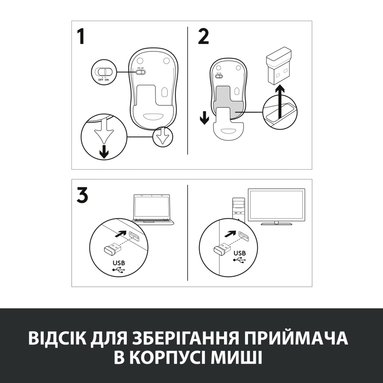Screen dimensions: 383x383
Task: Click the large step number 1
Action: point(81,37)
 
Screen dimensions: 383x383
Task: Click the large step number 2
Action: point(203,37)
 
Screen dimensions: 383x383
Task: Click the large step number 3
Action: point(82,196)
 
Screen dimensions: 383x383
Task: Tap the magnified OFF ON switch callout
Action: point(103,73)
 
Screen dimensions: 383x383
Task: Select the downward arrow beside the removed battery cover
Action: point(204,118)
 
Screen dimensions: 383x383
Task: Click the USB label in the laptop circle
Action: point(117,263)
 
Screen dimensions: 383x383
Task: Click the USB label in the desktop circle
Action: point(240,253)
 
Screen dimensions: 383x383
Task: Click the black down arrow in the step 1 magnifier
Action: point(104,151)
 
